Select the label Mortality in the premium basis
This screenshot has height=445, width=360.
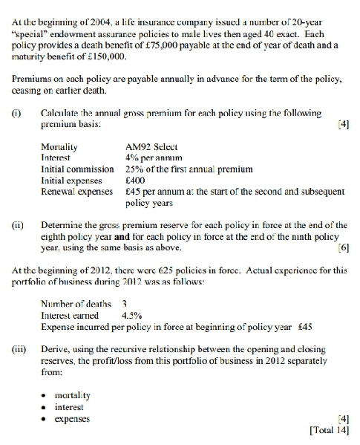click(x=60, y=146)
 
